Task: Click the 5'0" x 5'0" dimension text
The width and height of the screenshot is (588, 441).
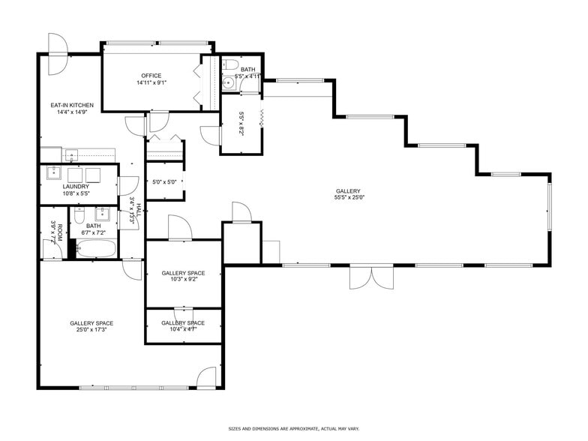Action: (x=164, y=182)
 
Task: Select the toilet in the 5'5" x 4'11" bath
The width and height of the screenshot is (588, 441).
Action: (x=230, y=65)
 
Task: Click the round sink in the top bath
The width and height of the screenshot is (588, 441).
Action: (x=229, y=84)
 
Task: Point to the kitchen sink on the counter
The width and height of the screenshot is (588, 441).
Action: (x=72, y=155)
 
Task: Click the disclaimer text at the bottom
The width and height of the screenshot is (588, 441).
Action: (x=293, y=428)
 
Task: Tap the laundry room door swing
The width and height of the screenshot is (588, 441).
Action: (x=129, y=186)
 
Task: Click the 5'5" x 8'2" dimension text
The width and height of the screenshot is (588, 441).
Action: (x=241, y=122)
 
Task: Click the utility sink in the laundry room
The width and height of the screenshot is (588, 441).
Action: (x=54, y=173)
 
